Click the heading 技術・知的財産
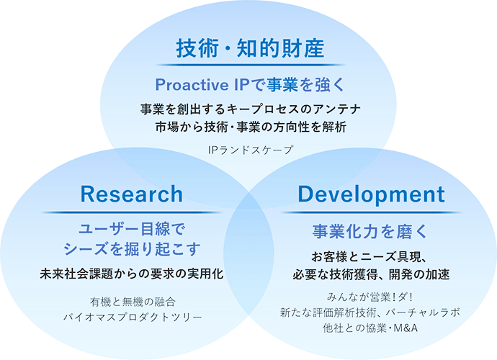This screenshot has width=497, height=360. click(251, 48)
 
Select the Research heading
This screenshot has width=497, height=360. click(131, 194)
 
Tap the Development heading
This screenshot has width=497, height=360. click(370, 194)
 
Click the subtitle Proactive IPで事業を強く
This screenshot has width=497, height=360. click(251, 85)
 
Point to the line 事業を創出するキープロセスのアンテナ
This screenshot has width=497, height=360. click(251, 110)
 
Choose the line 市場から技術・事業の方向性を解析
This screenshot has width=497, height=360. click(251, 127)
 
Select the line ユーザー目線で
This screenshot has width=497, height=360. click(131, 230)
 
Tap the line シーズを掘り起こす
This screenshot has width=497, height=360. click(131, 249)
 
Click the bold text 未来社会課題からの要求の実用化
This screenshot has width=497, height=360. click(131, 274)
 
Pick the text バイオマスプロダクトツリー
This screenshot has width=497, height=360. click(131, 316)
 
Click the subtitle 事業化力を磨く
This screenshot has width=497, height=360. click(370, 231)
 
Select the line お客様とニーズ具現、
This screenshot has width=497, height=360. click(370, 257)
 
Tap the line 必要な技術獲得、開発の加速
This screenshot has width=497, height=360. click(370, 274)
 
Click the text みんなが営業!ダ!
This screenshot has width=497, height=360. click(370, 297)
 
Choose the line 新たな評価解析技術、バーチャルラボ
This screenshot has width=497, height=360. click(370, 313)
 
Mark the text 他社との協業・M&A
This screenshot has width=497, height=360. click(370, 329)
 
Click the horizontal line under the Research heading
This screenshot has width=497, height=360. click(131, 212)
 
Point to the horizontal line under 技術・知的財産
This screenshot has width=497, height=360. click(251, 66)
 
